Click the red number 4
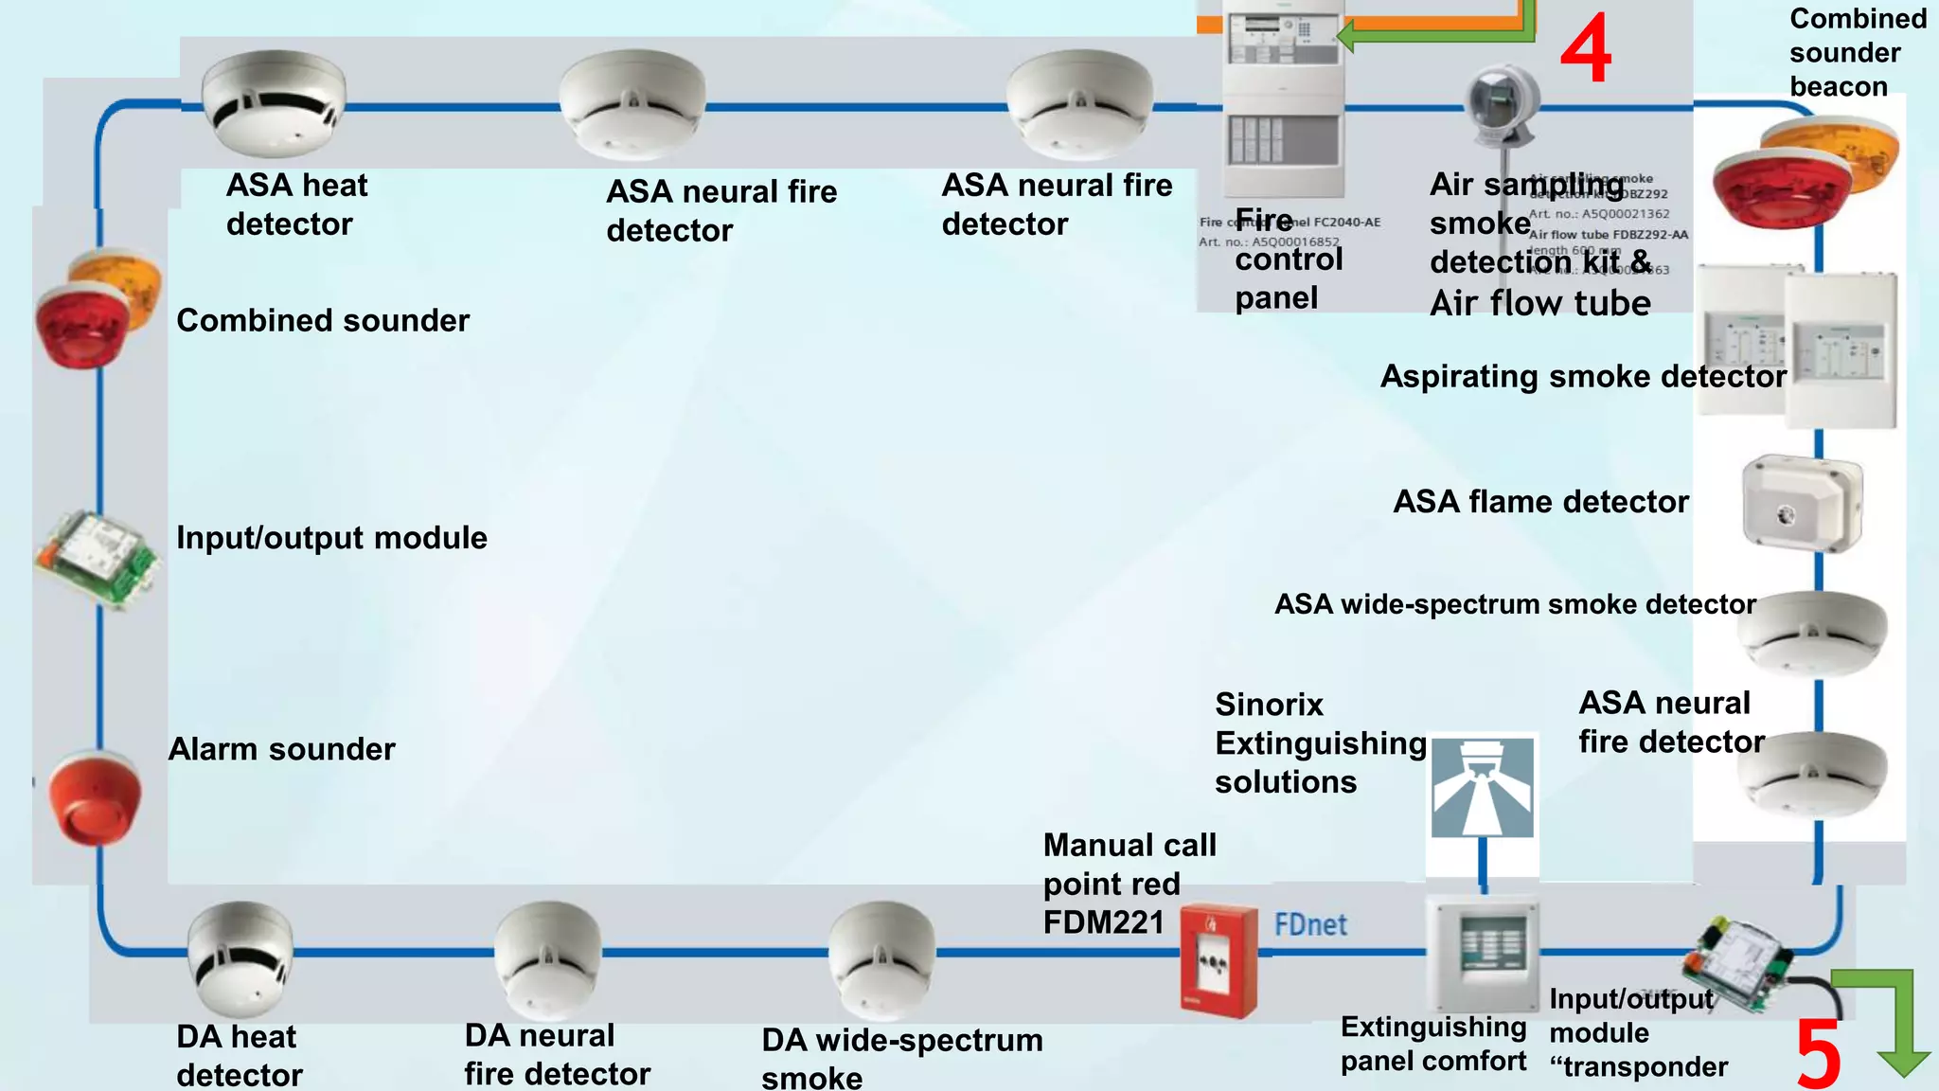[1586, 49]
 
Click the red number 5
[1818, 1053]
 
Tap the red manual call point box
[1219, 961]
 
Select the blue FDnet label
[1310, 924]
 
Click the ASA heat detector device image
[274, 102]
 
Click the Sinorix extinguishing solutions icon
[1483, 788]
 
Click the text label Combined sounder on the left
[322, 321]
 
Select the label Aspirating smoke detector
[1582, 377]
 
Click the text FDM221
[1103, 922]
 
